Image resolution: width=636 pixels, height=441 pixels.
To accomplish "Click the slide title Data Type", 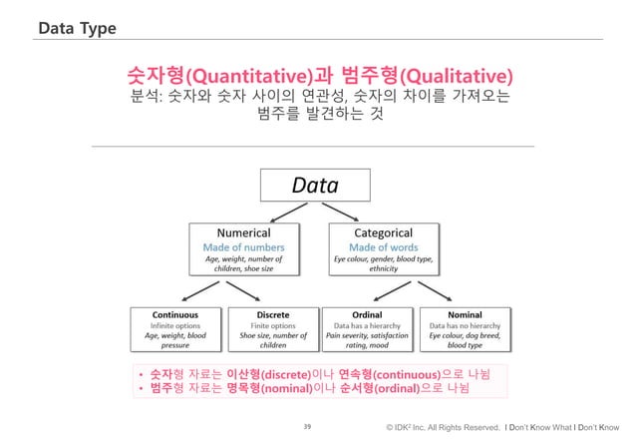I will pyautogui.click(x=76, y=26).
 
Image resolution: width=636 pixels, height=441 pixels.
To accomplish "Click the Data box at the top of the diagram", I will pyautogui.click(x=314, y=186).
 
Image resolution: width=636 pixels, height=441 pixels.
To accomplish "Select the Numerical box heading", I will pyautogui.click(x=237, y=232).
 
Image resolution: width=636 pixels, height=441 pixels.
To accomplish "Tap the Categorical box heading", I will pyautogui.click(x=383, y=232).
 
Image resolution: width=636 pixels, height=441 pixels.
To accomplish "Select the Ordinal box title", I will pyautogui.click(x=369, y=312).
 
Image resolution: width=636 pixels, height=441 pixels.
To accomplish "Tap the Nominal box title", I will pyautogui.click(x=466, y=312).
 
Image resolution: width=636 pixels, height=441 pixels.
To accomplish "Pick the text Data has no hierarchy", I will pyautogui.click(x=466, y=325).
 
